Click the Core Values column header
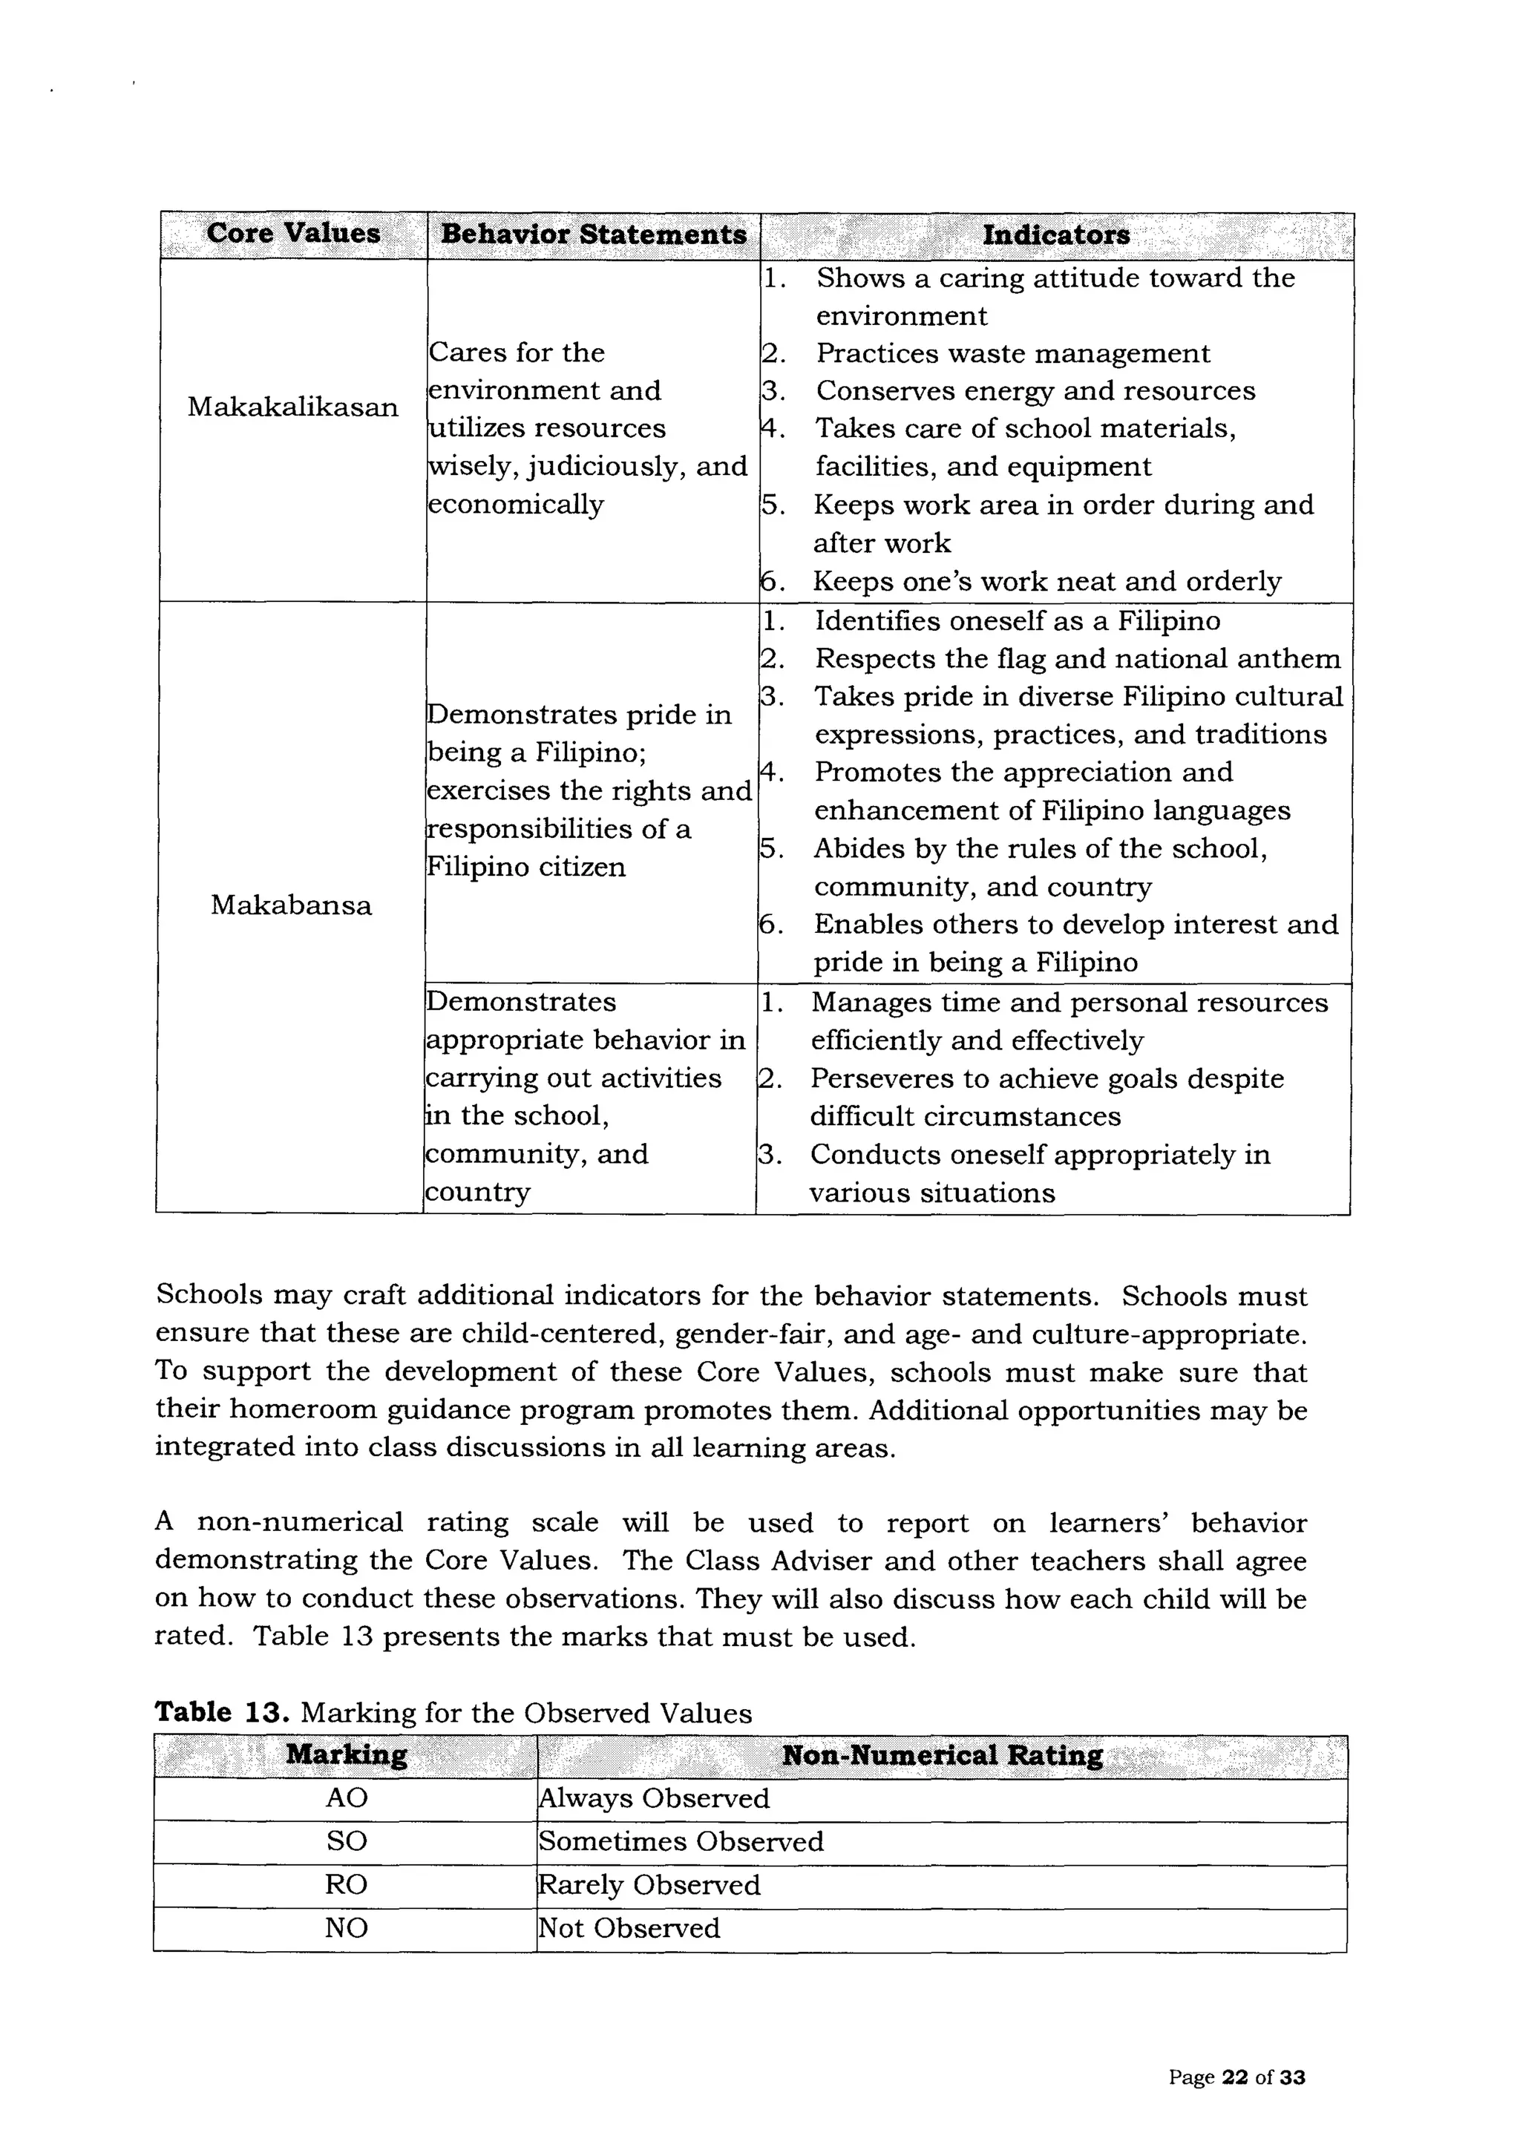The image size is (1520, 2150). coord(293,233)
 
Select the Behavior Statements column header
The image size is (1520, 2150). coord(594,234)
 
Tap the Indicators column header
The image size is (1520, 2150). coord(1055,235)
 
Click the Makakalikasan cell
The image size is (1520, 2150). coord(292,407)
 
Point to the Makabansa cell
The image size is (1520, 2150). coord(290,905)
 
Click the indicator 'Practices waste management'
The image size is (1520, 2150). coord(1012,353)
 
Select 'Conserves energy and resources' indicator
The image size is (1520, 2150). coord(1035,390)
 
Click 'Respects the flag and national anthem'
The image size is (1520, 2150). coord(1077,658)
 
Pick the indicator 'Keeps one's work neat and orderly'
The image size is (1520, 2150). coord(1046,582)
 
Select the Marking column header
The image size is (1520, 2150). coord(347,1755)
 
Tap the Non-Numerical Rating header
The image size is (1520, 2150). coord(942,1755)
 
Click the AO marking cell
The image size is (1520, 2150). coord(347,1798)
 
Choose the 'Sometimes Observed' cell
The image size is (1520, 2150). coord(681,1841)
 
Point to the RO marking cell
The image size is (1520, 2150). coord(346,1884)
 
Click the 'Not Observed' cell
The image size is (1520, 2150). coord(629,1928)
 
